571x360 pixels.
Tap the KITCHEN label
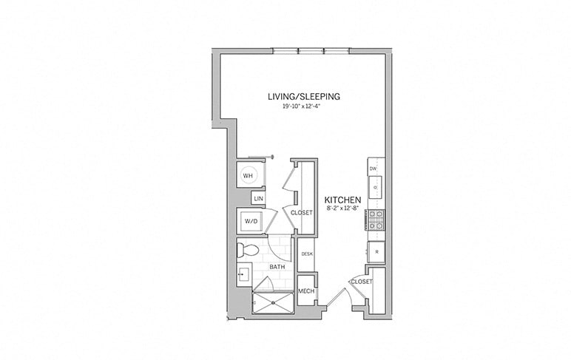pos(342,200)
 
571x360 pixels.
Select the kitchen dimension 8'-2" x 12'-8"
pos(342,209)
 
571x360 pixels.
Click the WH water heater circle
pos(249,176)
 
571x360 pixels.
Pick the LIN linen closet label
pos(258,199)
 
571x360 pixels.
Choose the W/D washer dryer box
pos(251,220)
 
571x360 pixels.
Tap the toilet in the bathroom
pos(247,250)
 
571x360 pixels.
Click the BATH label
pos(277,267)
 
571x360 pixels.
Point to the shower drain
pos(272,302)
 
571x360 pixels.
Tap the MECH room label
pos(306,291)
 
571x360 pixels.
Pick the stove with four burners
pos(376,220)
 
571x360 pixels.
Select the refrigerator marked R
pos(376,251)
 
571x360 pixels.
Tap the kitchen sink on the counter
pos(375,187)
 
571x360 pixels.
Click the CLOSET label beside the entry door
pos(361,282)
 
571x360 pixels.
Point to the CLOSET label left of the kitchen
pos(302,213)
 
